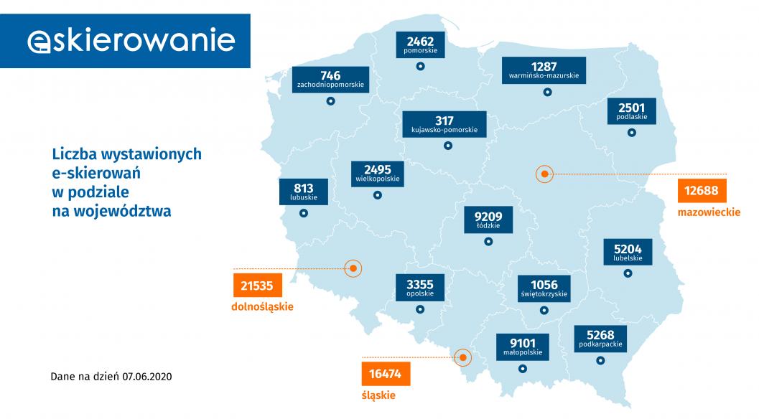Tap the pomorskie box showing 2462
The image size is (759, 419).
(420, 44)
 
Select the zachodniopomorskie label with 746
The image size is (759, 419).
(330, 80)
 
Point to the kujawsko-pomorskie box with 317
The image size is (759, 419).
(444, 124)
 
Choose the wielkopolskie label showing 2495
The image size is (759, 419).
(377, 172)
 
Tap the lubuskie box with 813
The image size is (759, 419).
(303, 191)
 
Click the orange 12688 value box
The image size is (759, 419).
(702, 192)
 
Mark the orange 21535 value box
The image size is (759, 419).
(257, 286)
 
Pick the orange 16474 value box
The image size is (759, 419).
(386, 374)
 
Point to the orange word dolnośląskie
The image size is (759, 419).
(263, 307)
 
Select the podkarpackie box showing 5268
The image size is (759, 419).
(600, 338)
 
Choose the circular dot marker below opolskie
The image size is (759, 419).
(419, 309)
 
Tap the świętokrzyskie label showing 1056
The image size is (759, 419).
(544, 288)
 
